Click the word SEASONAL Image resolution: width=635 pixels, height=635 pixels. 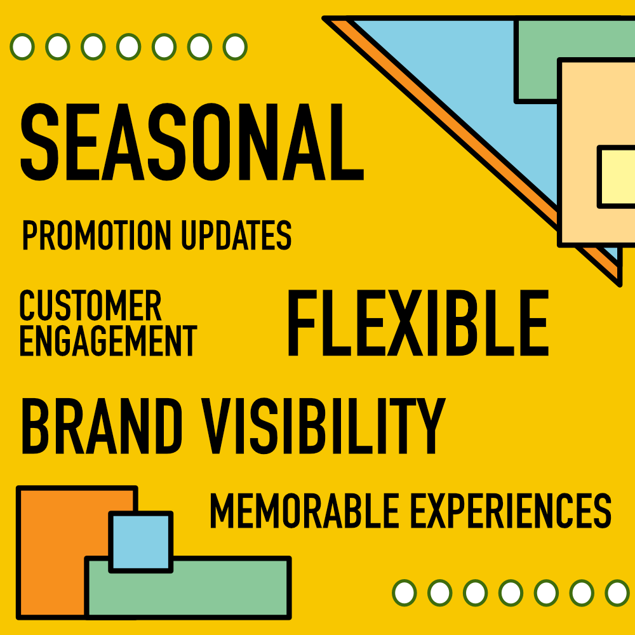coord(192,142)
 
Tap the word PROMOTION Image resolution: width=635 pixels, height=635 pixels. coord(97,235)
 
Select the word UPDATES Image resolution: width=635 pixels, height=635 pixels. coord(236,235)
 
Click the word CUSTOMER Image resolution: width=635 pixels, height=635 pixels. coord(90,305)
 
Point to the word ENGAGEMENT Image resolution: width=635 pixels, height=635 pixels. coord(108,340)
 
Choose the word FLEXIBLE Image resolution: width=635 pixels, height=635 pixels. coord(418,323)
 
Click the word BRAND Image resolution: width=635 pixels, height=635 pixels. coord(102,426)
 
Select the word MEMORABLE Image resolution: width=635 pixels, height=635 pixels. coord(305,511)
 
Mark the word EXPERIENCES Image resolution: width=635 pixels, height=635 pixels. coord(511,511)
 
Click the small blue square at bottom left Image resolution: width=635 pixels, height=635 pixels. coord(141,542)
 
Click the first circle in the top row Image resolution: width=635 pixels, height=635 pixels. coord(22,46)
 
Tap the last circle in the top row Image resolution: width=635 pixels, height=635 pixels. coord(235,46)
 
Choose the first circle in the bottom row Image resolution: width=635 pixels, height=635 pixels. coord(404,593)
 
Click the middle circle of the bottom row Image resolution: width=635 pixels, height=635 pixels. coord(511,593)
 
